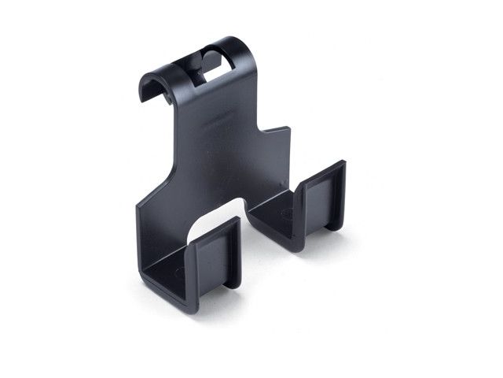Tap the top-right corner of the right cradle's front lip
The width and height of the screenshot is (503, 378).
click(x=343, y=163)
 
